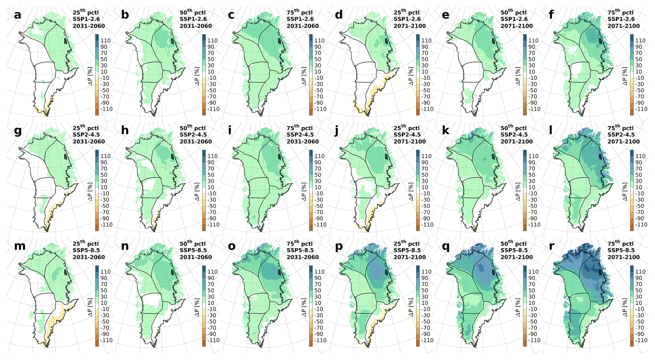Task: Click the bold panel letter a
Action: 18,15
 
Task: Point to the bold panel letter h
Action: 125,130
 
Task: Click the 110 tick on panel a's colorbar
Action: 106,40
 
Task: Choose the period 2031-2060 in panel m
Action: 89,257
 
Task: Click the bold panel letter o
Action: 232,246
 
